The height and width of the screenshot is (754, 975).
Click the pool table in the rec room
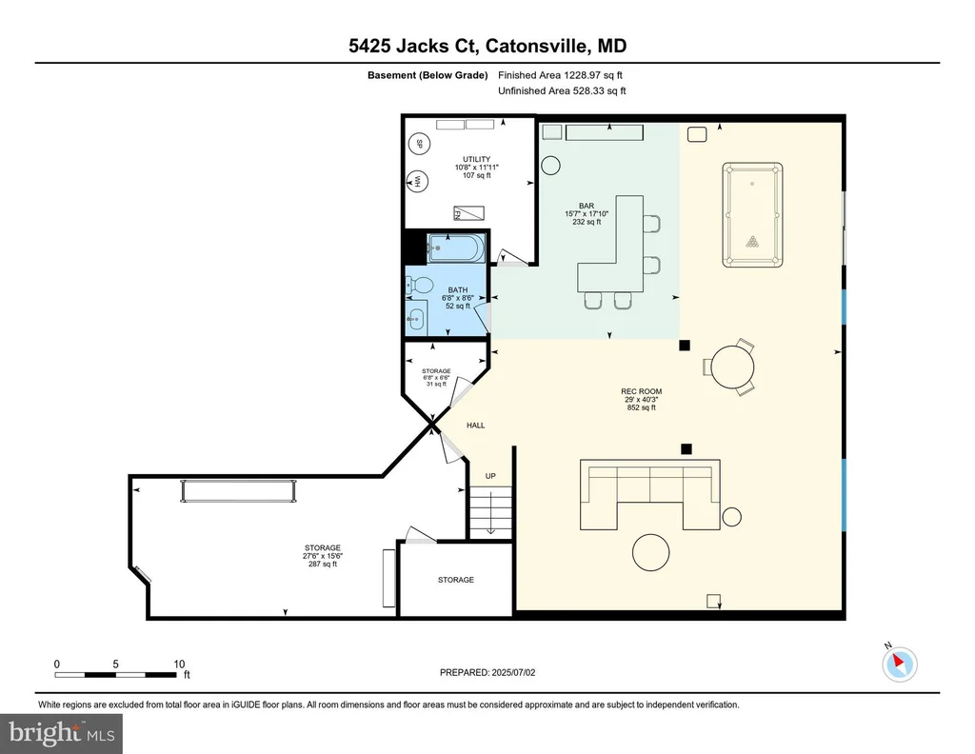[x=752, y=215]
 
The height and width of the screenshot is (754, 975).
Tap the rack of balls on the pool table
[x=753, y=242]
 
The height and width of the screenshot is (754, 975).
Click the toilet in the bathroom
[x=419, y=286]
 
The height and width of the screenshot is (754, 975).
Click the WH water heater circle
[x=418, y=182]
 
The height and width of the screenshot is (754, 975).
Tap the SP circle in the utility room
[x=419, y=144]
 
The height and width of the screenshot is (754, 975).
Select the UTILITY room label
[x=476, y=159]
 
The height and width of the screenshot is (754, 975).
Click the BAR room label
[x=587, y=206]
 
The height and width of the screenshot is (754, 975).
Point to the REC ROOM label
[x=642, y=391]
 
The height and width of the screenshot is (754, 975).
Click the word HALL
[x=476, y=426]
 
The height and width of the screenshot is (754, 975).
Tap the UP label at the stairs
[x=490, y=476]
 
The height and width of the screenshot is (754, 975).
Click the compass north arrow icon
[x=899, y=664]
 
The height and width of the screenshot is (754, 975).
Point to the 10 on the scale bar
[x=179, y=664]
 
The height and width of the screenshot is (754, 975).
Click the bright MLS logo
[x=62, y=733]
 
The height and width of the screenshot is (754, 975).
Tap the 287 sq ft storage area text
[x=323, y=565]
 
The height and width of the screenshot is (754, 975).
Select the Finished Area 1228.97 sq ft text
[x=560, y=75]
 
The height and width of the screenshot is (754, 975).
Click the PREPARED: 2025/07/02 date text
[x=487, y=672]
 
